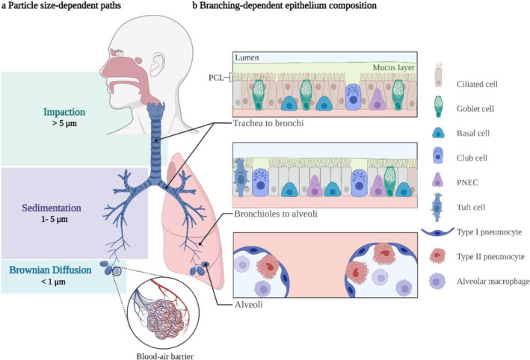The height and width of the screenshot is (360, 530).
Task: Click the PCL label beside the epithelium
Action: [x=218, y=75]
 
